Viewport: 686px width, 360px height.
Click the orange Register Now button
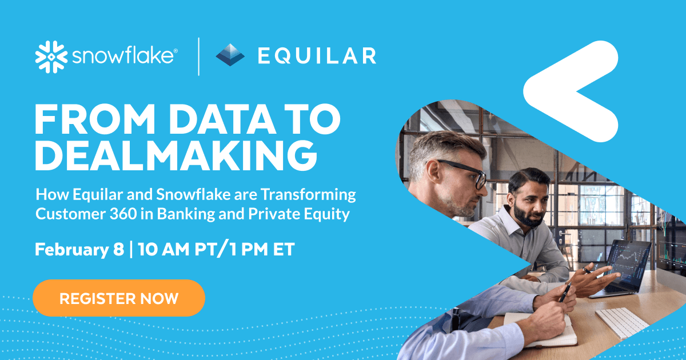pos(119,298)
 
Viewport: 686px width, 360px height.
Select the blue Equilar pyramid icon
pos(230,55)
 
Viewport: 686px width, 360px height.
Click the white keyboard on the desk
pos(621,323)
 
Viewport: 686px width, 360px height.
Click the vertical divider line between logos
pos(198,56)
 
